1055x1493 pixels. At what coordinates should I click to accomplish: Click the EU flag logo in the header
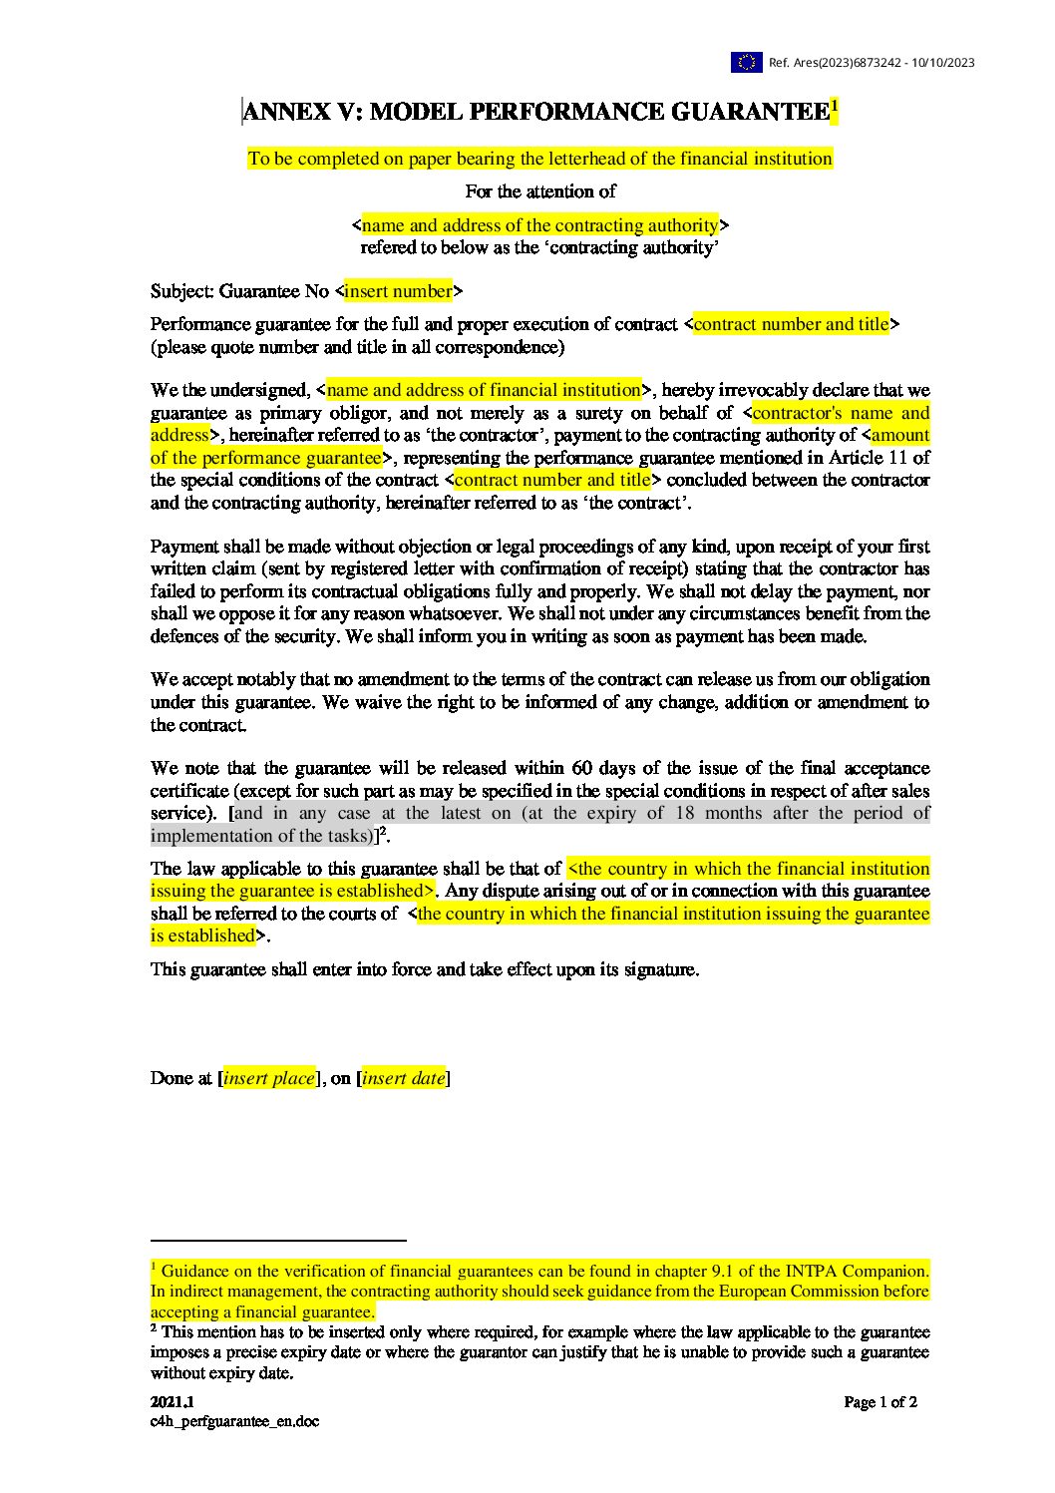tap(746, 62)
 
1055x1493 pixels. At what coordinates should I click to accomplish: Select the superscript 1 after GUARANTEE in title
tap(834, 105)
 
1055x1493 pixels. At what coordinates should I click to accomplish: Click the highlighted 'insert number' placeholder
tap(398, 291)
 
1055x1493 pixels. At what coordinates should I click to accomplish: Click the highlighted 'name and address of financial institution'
tap(484, 390)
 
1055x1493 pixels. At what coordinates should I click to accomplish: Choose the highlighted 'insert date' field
tap(404, 1078)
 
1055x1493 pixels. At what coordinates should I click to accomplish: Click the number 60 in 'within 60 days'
tap(582, 768)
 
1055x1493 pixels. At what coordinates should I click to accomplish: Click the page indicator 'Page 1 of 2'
tap(880, 1402)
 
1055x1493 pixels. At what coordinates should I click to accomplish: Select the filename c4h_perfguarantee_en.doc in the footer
tap(235, 1421)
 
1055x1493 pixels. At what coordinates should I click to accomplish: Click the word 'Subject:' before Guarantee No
tap(181, 291)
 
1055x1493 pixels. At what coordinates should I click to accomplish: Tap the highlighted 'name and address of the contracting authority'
tap(540, 225)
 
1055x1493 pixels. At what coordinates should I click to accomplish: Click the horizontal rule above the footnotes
tap(278, 1241)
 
